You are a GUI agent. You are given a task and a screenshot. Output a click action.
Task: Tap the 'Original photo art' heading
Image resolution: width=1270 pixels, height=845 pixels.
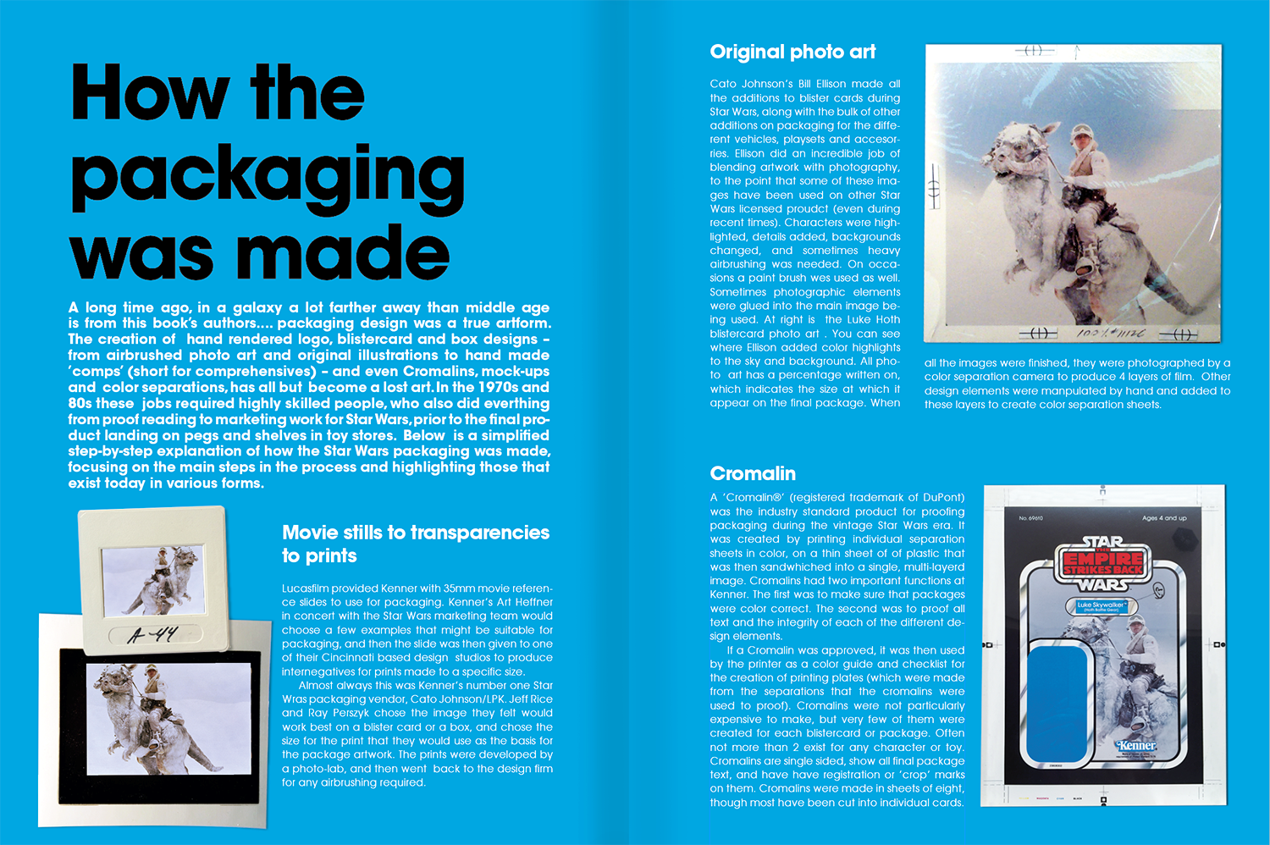click(x=792, y=52)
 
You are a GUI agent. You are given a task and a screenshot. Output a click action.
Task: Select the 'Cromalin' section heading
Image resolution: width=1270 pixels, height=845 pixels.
click(x=753, y=473)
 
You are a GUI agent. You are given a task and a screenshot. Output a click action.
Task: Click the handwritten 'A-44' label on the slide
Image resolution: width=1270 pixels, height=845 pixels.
click(x=153, y=634)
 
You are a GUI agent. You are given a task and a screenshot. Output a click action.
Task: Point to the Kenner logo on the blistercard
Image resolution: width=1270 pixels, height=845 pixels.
click(x=1135, y=746)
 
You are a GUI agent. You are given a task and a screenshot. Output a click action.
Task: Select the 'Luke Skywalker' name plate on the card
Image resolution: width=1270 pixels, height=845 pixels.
click(x=1102, y=606)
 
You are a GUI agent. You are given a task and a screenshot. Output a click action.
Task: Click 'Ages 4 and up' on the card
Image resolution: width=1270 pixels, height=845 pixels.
click(x=1164, y=518)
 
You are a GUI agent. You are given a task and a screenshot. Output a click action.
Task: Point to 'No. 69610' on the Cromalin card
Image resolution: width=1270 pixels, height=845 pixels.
click(x=1030, y=518)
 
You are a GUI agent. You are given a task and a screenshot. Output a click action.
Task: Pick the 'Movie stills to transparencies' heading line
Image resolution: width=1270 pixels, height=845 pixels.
click(x=415, y=533)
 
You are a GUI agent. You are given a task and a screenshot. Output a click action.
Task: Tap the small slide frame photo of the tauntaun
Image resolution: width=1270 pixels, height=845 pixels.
click(x=152, y=580)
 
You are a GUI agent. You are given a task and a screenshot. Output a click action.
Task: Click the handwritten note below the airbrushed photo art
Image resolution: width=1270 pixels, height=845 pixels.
click(x=1111, y=333)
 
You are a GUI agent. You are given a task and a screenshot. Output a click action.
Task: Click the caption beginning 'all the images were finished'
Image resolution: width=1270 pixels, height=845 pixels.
click(x=1077, y=384)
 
